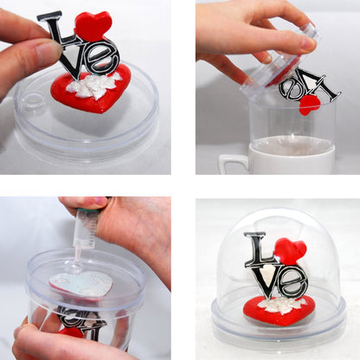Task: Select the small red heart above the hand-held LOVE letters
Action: [x=93, y=26]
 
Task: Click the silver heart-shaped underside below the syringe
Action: [x=80, y=284]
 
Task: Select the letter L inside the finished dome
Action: [x=258, y=250]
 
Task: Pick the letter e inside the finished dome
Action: [x=293, y=282]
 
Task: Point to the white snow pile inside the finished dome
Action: [x=281, y=305]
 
